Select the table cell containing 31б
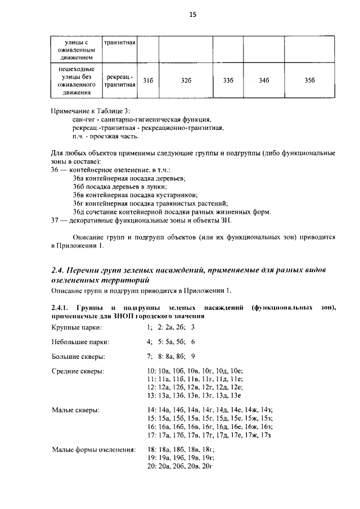[x=148, y=80]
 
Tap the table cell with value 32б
[x=186, y=80]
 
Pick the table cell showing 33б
[x=228, y=80]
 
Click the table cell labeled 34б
[x=264, y=80]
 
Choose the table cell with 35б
[x=309, y=80]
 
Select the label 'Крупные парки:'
[x=76, y=326]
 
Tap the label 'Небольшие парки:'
[x=80, y=341]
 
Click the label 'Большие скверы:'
[x=78, y=356]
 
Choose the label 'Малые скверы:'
[x=75, y=411]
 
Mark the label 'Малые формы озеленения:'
[x=93, y=450]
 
